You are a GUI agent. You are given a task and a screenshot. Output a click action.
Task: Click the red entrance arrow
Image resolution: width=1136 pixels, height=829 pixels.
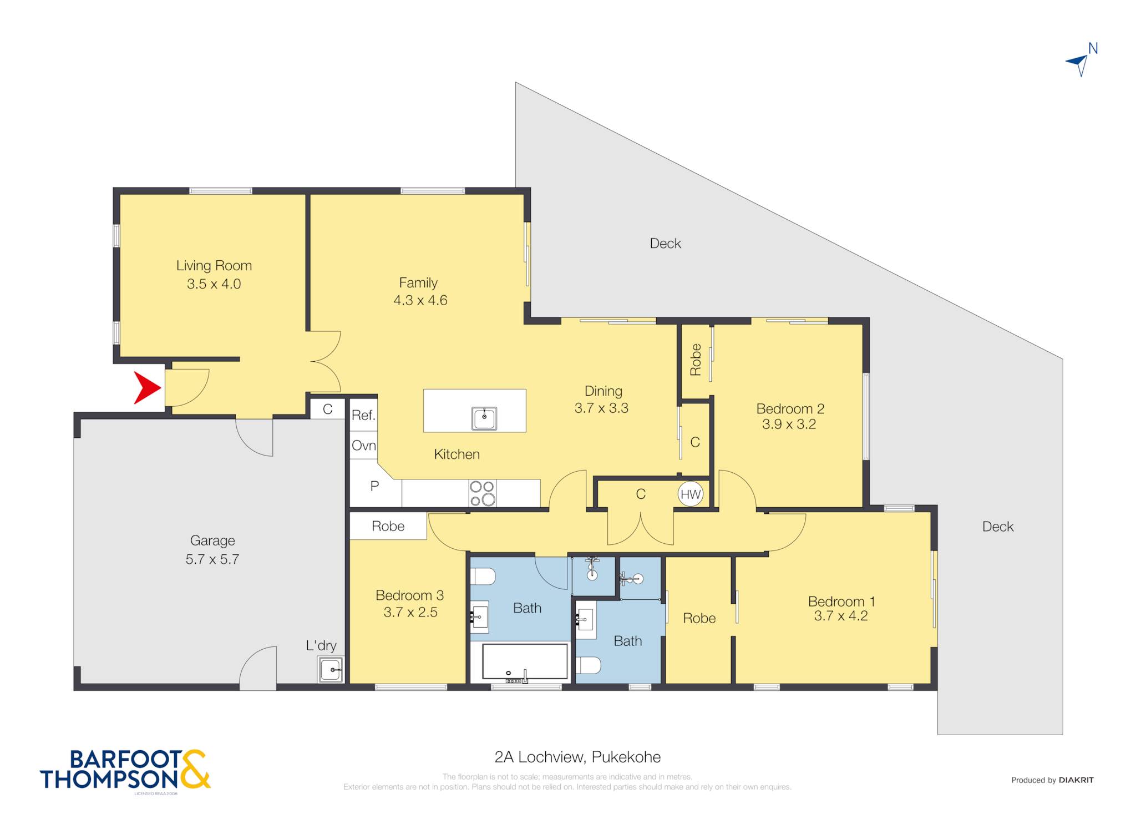click(x=146, y=387)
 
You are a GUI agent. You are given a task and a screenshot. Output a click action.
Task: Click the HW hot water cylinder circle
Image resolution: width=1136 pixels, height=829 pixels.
click(x=691, y=494)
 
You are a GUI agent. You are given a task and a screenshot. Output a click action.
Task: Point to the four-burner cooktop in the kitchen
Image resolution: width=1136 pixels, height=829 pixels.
click(x=483, y=493)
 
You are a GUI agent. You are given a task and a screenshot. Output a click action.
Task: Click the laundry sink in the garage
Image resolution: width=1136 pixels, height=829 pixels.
click(x=331, y=669)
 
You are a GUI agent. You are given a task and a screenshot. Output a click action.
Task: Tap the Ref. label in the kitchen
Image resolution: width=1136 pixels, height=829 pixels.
click(x=363, y=415)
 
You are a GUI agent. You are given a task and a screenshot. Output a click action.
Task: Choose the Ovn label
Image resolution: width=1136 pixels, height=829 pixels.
click(x=364, y=445)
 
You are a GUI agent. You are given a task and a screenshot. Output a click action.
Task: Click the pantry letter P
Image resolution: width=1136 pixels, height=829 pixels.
click(x=375, y=486)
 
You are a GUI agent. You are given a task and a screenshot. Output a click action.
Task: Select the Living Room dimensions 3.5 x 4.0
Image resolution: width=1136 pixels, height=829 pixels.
click(x=214, y=284)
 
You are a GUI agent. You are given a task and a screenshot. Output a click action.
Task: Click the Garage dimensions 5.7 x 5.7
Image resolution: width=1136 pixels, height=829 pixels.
click(x=212, y=559)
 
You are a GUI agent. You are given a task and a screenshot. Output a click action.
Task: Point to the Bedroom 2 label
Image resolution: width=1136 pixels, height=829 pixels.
click(x=790, y=409)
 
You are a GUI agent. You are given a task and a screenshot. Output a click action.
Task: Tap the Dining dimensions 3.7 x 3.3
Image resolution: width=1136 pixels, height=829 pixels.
click(x=601, y=408)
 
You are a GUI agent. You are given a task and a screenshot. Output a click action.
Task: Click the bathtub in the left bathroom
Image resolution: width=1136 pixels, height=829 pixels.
click(x=525, y=663)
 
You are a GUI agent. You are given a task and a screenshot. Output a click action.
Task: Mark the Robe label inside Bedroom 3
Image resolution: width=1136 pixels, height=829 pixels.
click(x=388, y=526)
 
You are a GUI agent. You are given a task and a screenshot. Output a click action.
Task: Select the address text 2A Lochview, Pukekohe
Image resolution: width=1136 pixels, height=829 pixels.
click(x=577, y=757)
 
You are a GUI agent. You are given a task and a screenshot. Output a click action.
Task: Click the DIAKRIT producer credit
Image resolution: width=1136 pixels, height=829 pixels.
click(x=1076, y=780)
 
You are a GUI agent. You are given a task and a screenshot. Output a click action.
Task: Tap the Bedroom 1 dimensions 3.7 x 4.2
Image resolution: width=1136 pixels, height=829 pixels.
click(x=840, y=616)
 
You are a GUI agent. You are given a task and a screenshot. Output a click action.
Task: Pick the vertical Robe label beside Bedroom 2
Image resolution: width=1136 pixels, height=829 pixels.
click(x=696, y=360)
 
